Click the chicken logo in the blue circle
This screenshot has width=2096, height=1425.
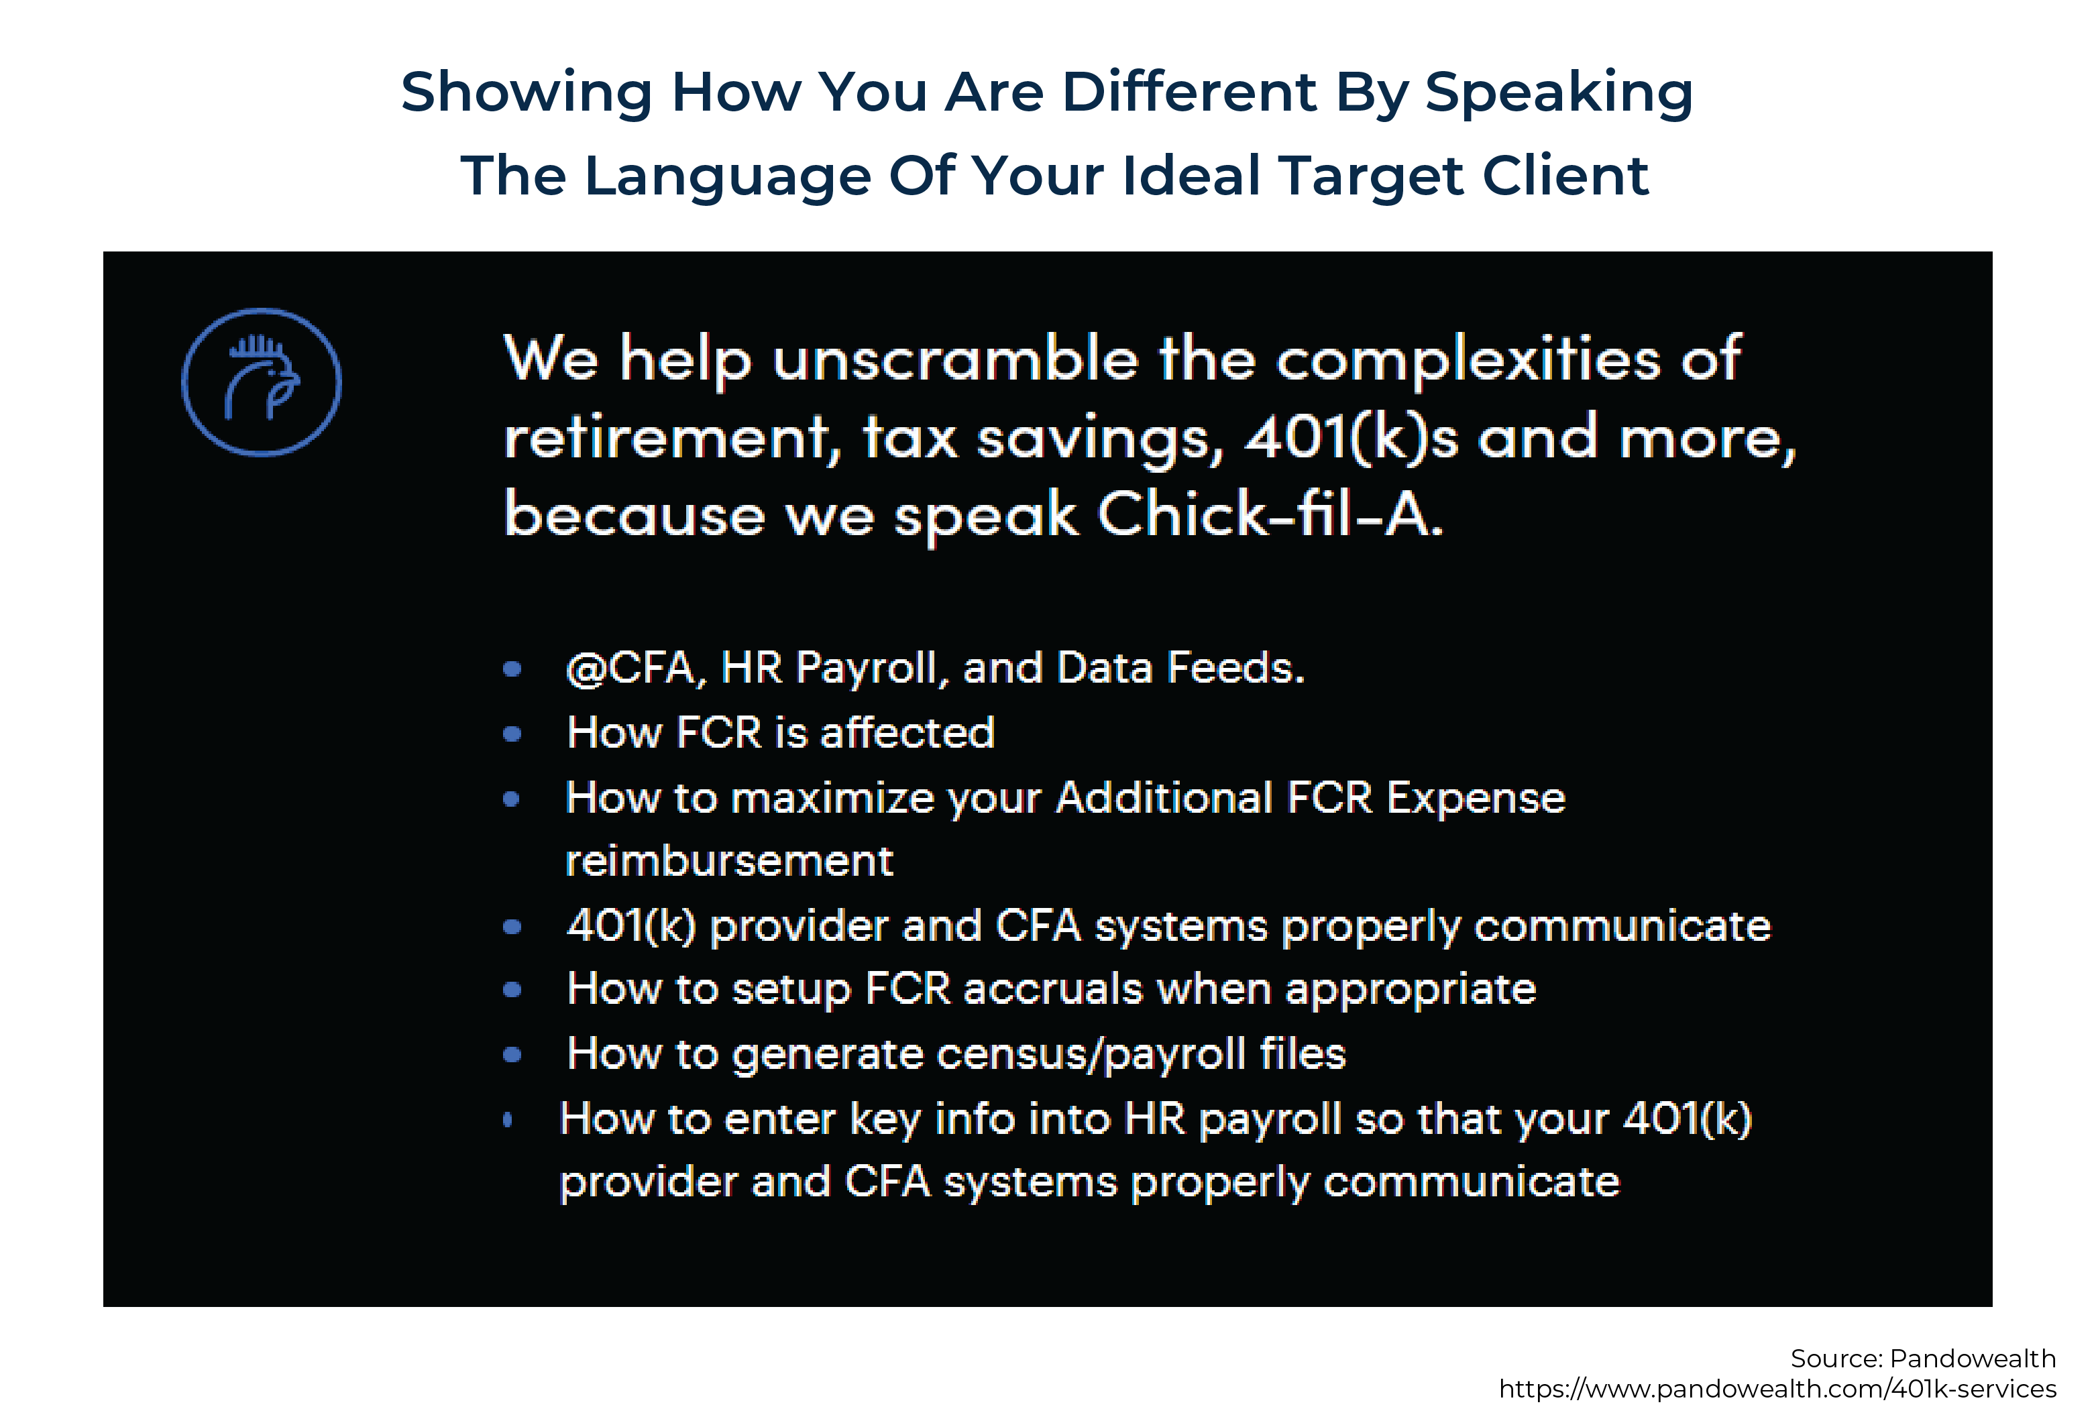(262, 382)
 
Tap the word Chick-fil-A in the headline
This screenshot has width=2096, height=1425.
(1270, 515)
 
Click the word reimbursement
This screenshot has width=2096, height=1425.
(728, 861)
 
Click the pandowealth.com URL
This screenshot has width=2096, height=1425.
(1777, 1389)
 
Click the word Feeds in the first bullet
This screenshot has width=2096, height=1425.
(1235, 669)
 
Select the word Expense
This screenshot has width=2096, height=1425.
(1475, 798)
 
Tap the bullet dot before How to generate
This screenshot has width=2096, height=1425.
(512, 1054)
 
